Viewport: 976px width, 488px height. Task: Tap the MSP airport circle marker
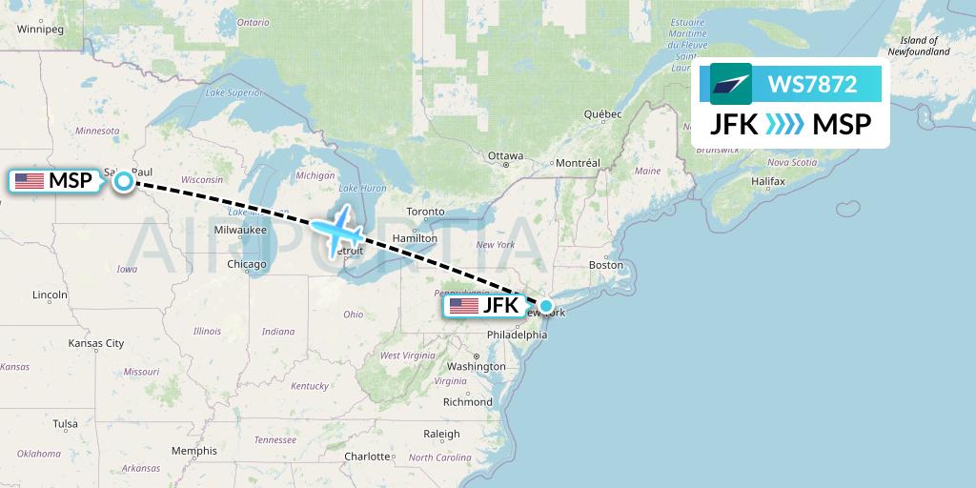click(x=125, y=181)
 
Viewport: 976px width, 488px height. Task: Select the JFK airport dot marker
click(x=546, y=307)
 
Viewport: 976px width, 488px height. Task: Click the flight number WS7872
click(x=812, y=84)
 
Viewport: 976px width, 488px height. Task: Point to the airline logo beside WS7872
click(x=731, y=84)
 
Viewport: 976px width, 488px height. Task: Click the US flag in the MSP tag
click(x=29, y=181)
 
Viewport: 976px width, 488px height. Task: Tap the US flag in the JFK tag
click(x=463, y=306)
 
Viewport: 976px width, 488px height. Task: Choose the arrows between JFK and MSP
click(x=785, y=125)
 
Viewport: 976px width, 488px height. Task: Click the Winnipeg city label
click(x=39, y=30)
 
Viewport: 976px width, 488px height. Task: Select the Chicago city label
click(x=247, y=264)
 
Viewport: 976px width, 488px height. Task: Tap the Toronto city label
click(x=425, y=211)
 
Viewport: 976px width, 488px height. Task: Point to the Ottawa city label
click(x=505, y=155)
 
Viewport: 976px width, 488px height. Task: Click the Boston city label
click(x=605, y=264)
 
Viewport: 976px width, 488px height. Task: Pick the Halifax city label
click(x=767, y=181)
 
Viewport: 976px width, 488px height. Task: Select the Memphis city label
click(x=193, y=451)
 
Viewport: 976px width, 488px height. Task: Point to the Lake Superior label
click(x=233, y=92)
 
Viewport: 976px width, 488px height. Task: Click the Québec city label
click(x=603, y=114)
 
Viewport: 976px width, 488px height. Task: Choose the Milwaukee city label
click(x=239, y=230)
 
